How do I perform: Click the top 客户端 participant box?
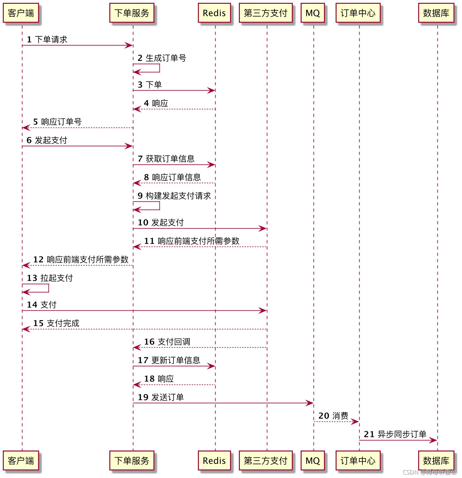[21, 13]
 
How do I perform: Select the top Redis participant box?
[214, 13]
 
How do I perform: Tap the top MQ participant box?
[313, 13]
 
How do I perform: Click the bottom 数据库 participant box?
[436, 461]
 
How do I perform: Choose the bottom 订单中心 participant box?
[358, 461]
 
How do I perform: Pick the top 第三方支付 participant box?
[266, 13]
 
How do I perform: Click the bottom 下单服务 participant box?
[132, 461]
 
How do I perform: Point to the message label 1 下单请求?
[47, 39]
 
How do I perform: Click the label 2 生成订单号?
[162, 58]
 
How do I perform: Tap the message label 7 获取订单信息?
[166, 159]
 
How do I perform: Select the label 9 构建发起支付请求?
[174, 196]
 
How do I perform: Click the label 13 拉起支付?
[50, 278]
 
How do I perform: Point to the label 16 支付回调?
[167, 342]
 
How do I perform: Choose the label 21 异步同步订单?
[395, 434]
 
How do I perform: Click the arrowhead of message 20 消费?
[355, 421]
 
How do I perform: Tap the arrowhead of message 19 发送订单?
[310, 403]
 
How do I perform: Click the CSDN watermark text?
[430, 472]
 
